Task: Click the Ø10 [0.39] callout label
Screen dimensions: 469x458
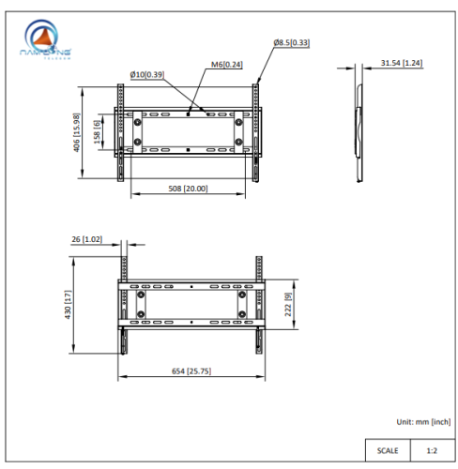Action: tap(146, 73)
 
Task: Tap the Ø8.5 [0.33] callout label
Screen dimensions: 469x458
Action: tap(293, 43)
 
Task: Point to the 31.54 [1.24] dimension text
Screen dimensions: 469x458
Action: tap(401, 63)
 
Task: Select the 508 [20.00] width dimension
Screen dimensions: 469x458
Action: tap(188, 189)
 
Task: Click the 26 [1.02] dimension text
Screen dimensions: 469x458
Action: tap(86, 239)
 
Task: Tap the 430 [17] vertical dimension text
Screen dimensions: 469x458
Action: tap(69, 305)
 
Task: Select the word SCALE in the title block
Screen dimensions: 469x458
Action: tap(388, 450)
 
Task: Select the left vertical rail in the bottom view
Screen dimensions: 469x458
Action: tap(123, 305)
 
